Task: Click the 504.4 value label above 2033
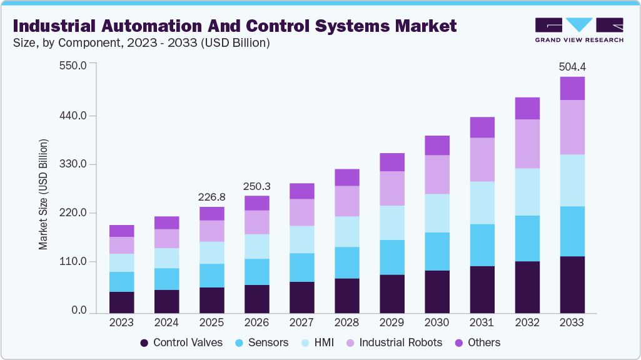[x=572, y=67]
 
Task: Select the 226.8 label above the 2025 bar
[x=212, y=197]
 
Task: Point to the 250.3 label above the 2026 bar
[x=257, y=186]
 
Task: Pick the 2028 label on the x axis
[x=347, y=322]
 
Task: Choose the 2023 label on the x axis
[x=122, y=322]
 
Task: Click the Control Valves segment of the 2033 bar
[x=572, y=284]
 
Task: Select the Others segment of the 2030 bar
[x=437, y=145]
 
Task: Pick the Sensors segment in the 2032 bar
[x=527, y=238]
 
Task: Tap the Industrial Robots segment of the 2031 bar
[x=482, y=159]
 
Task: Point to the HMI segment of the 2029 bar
[x=392, y=222]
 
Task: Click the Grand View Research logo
[x=579, y=30]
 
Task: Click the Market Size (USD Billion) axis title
[x=43, y=194]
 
